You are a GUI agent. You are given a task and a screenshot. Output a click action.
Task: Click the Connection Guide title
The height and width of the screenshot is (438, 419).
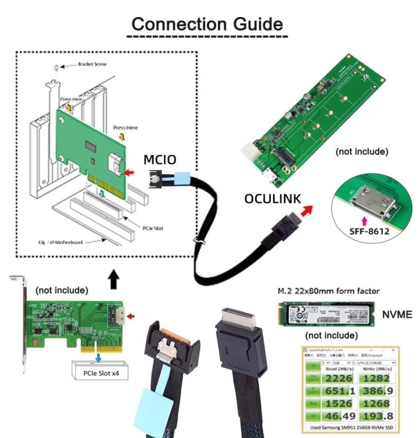click(207, 24)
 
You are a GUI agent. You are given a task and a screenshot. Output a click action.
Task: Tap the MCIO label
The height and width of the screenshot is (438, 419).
click(160, 160)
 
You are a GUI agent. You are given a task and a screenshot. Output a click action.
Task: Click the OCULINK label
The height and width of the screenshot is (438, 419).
click(272, 199)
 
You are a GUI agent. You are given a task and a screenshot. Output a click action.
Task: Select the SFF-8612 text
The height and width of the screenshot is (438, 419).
click(369, 231)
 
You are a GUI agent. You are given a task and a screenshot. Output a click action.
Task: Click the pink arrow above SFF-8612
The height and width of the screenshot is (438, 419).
click(364, 221)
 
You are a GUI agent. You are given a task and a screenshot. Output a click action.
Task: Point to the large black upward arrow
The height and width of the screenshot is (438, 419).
click(113, 279)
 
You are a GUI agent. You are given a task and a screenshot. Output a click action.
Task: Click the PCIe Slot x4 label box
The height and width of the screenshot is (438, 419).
click(101, 373)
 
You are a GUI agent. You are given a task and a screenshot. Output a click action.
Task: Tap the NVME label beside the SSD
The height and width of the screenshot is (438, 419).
click(397, 314)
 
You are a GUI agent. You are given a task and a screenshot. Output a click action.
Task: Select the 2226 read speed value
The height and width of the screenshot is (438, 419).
click(339, 378)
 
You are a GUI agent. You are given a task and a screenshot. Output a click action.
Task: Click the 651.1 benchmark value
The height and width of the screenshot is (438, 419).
click(340, 391)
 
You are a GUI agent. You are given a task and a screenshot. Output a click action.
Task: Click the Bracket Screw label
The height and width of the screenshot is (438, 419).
click(92, 64)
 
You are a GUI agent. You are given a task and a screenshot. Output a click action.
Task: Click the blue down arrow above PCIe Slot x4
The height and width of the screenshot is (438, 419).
click(98, 357)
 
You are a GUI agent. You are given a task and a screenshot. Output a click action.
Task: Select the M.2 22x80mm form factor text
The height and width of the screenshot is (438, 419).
click(328, 291)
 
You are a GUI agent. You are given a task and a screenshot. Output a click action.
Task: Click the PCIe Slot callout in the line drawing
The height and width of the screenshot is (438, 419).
click(153, 228)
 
